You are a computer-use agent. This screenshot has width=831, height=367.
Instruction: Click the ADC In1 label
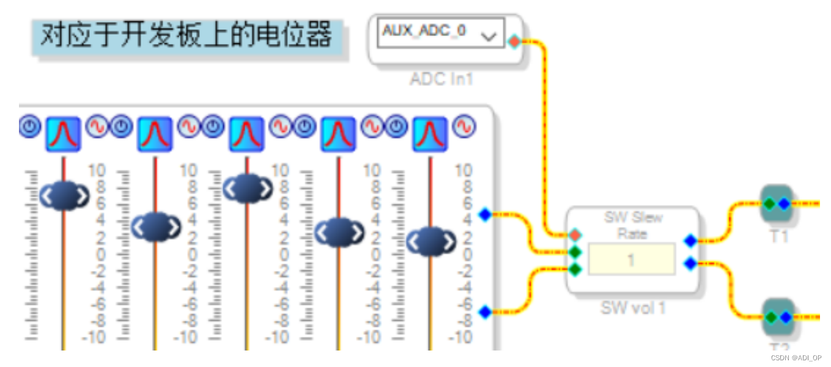pos(441,79)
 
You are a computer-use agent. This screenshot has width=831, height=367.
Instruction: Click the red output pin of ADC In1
pos(514,42)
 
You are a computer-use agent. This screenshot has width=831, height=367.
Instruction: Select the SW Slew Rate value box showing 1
pos(631,260)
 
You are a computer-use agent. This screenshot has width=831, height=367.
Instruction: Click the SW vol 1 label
pos(633,308)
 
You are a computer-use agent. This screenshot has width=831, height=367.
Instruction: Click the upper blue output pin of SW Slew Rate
pos(690,241)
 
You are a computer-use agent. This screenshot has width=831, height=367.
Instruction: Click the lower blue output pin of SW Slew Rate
pos(690,264)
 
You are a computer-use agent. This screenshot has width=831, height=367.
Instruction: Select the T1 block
pos(777,203)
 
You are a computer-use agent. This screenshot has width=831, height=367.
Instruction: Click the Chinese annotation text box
pos(187,36)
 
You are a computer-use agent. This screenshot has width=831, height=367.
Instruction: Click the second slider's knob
pos(157,227)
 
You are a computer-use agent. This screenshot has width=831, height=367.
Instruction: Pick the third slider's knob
pos(248,189)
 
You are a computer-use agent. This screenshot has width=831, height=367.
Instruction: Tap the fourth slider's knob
pos(339,232)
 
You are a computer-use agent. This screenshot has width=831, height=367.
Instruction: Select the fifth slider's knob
pos(431,242)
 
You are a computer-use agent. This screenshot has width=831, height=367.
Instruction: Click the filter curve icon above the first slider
pos(63,134)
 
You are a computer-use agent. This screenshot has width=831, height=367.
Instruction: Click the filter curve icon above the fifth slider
pos(430,134)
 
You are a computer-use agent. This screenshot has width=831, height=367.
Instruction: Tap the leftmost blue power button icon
pos(30,126)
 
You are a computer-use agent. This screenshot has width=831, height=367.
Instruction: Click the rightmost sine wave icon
pos(464,126)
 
